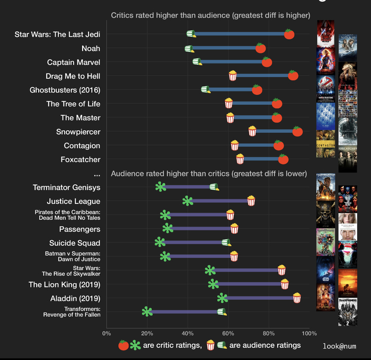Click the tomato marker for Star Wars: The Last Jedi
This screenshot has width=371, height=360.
point(289,34)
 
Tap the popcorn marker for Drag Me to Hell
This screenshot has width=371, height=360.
point(233,76)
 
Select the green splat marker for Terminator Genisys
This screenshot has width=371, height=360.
point(161,187)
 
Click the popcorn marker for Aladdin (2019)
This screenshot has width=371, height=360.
point(297,298)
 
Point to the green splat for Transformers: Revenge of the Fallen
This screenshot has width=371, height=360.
point(147,312)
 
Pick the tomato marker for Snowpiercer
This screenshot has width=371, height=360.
point(297,131)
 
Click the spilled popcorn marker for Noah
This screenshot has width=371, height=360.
point(189,49)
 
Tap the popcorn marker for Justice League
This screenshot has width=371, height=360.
point(251,201)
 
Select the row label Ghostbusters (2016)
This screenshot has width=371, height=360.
point(65,90)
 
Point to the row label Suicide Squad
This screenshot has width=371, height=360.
point(75,243)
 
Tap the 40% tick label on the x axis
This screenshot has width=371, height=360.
point(188,334)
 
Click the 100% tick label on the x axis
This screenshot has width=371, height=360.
point(309,334)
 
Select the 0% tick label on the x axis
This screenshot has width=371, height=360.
point(107,334)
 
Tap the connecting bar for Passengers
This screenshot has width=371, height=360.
point(201,229)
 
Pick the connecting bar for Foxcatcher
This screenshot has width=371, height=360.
point(261,159)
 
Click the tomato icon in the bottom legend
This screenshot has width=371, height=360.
point(123,345)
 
